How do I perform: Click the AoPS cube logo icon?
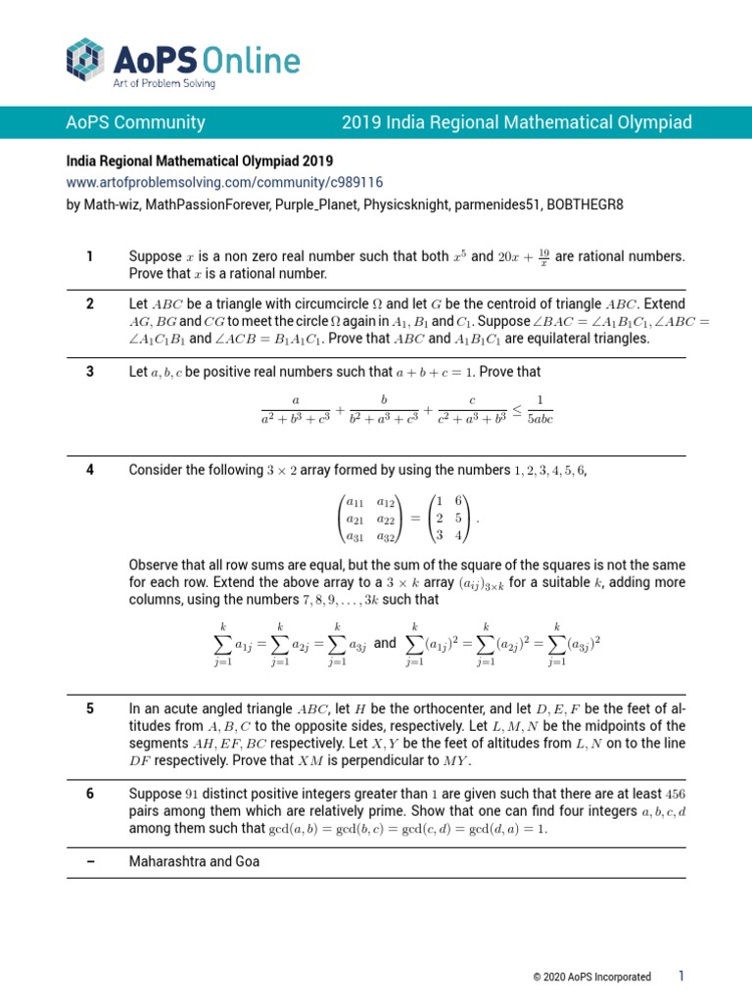pos(86,58)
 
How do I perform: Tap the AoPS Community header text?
pos(135,122)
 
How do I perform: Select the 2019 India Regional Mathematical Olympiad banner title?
pos(516,122)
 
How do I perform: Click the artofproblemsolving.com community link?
pos(224,182)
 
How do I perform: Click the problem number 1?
pos(89,257)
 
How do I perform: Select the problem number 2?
pos(89,303)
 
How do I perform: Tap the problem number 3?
pos(89,372)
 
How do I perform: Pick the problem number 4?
pos(89,470)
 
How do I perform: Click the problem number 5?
pos(89,708)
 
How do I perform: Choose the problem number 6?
pos(89,794)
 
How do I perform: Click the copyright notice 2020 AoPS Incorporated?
pos(591,977)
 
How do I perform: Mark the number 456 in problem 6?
pos(676,794)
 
